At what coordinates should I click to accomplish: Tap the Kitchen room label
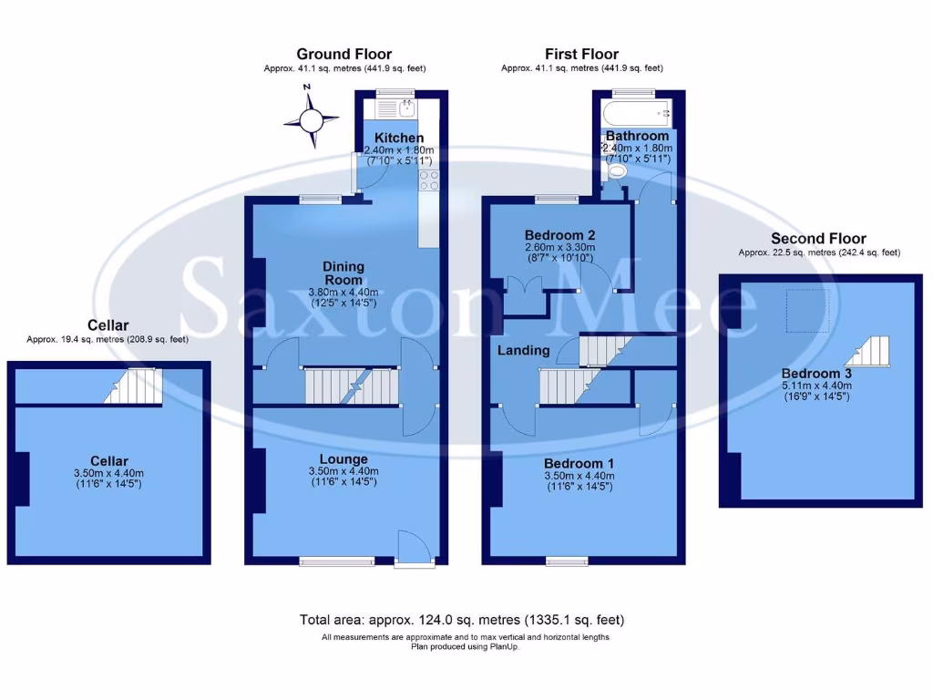(393, 138)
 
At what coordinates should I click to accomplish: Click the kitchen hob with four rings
(428, 180)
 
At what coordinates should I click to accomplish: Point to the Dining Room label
(343, 273)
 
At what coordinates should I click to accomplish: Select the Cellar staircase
(128, 386)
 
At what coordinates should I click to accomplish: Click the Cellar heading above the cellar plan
(108, 325)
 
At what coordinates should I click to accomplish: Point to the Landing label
(523, 350)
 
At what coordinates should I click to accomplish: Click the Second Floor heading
(818, 239)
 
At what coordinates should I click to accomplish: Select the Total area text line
(462, 620)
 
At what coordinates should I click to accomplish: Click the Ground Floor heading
(343, 55)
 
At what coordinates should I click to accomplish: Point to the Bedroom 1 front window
(567, 561)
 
